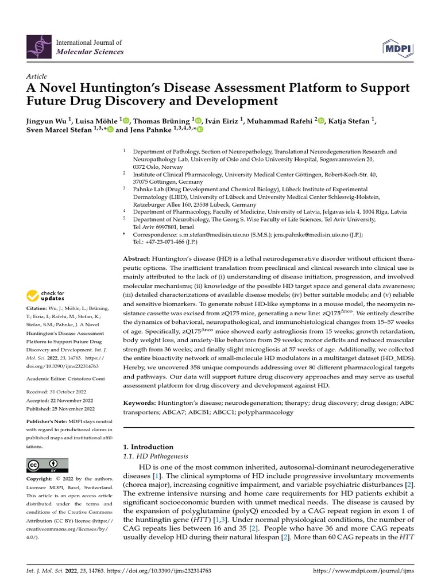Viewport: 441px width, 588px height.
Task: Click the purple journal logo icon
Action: point(38,47)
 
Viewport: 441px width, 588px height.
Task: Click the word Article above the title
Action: point(36,76)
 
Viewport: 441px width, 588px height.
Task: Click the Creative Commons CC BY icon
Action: point(47,465)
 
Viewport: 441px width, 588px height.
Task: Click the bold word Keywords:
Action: point(142,403)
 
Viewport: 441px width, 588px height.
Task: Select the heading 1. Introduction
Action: point(149,447)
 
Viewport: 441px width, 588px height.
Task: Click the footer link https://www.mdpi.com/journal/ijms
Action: point(362,572)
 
